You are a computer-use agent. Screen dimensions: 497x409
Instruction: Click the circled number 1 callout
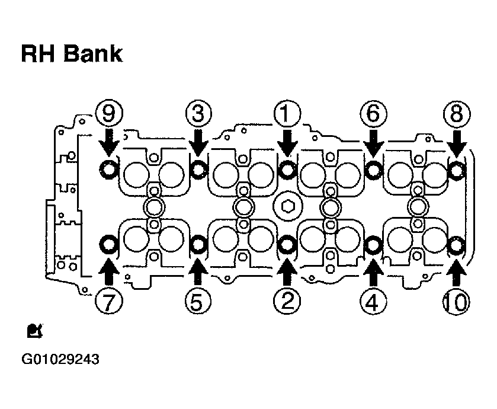[x=287, y=114]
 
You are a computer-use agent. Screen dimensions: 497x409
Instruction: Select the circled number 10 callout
[x=456, y=302]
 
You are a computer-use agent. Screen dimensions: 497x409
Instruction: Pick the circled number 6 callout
[x=373, y=114]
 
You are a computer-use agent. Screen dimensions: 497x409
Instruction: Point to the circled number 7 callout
[x=109, y=302]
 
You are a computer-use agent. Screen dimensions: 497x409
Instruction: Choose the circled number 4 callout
[x=373, y=302]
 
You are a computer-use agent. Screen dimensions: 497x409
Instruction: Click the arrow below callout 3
[x=198, y=142]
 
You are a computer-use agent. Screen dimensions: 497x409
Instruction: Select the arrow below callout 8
[x=457, y=143]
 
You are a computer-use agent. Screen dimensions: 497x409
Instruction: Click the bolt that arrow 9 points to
[x=108, y=170]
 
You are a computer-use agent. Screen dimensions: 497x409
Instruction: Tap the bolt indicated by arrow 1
[x=287, y=170]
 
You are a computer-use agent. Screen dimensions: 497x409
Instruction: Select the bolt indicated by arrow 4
[x=373, y=244]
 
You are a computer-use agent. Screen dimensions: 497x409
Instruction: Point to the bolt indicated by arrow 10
[x=457, y=245]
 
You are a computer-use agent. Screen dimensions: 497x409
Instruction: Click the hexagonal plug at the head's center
[x=287, y=207]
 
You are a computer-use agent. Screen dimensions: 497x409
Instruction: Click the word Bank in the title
[x=93, y=53]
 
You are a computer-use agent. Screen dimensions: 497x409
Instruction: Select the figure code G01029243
[x=60, y=360]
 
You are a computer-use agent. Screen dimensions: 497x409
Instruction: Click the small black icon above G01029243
[x=34, y=331]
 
